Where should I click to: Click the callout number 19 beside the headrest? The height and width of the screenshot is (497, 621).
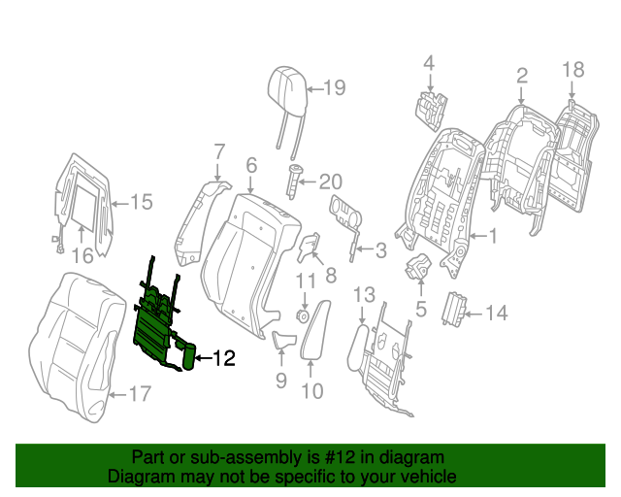(x=334, y=89)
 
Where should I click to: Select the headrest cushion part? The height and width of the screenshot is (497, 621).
(x=285, y=84)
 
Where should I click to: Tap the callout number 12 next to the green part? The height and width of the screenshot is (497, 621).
(x=223, y=359)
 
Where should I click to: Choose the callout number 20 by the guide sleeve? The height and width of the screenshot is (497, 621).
(x=331, y=181)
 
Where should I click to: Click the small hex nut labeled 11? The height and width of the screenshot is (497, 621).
(x=302, y=315)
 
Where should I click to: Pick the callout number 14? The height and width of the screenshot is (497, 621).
(x=496, y=313)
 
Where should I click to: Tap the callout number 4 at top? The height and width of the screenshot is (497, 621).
(x=428, y=64)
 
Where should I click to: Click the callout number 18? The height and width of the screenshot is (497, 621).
(x=573, y=69)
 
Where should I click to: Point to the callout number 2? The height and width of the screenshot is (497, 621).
(x=521, y=76)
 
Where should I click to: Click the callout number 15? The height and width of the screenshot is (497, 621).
(x=142, y=202)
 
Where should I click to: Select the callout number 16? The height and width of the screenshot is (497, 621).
(x=82, y=255)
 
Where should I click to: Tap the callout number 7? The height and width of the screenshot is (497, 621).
(x=219, y=151)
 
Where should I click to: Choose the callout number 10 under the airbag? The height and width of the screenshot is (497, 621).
(x=312, y=391)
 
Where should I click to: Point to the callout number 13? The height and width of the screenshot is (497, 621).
(x=363, y=294)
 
